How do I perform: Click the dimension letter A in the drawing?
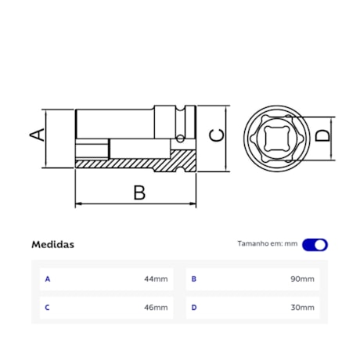(36, 135)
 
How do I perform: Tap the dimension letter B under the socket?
(139, 192)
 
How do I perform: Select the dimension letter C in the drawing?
(218, 135)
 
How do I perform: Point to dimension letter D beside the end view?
(322, 135)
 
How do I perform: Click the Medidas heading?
(53, 244)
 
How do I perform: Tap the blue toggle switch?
(315, 244)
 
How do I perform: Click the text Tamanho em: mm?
(268, 244)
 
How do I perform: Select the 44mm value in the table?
(156, 279)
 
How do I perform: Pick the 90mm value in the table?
(303, 279)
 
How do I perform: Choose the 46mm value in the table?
(156, 308)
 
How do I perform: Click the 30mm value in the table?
(303, 308)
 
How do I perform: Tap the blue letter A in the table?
(48, 279)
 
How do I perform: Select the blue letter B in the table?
(194, 279)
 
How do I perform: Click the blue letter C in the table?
(48, 308)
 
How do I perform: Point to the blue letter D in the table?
(194, 308)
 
